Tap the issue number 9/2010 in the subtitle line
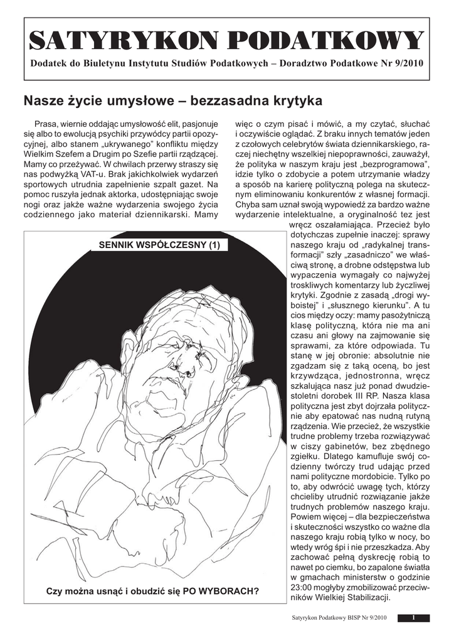tap(406, 63)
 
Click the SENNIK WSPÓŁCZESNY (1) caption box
tap(156, 245)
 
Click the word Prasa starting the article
tap(47, 124)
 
